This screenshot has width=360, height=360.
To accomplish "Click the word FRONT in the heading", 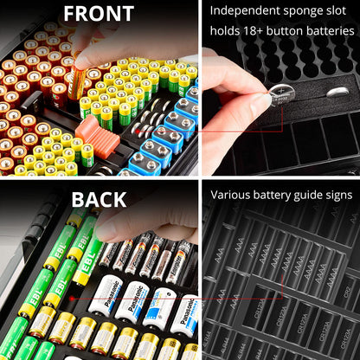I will point(99,14).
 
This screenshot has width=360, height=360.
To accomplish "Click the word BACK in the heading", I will point(99,201).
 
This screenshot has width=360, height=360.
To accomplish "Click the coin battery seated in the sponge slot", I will point(338,92).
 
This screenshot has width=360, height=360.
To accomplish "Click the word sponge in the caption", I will point(303,10).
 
